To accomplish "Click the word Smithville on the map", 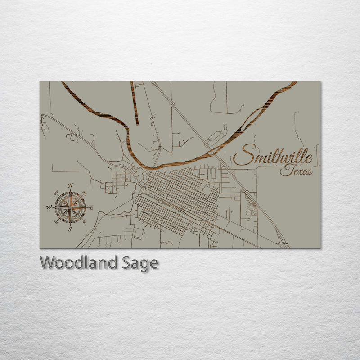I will coord(273,157).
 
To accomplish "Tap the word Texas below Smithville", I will coord(296,171).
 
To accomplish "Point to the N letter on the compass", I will coord(71,185).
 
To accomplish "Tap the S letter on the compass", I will coord(70,229).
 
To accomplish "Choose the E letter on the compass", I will coord(91,207).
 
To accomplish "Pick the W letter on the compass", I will coord(48,207).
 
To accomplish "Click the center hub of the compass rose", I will coord(70,207).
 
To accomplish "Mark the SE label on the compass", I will coord(85,221).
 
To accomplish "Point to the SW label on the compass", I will coord(56,221).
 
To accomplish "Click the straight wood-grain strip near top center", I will coord(135,103).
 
